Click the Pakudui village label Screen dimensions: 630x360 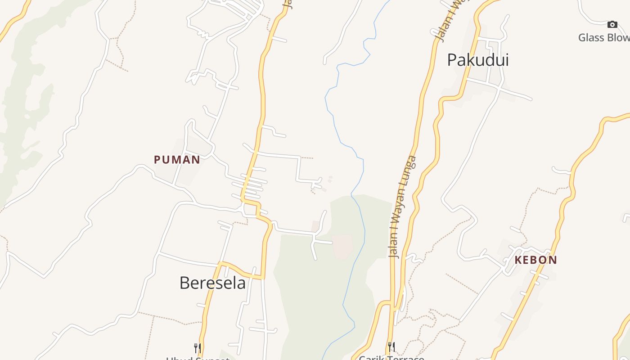point(477,60)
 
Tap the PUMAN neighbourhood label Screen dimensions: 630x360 point(177,160)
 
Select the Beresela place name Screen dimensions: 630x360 point(212,283)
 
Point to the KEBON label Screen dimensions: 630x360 point(535,260)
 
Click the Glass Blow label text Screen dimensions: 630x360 point(603,37)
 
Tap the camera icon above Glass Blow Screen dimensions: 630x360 point(612,24)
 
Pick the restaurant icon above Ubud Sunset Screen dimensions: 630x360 point(197,347)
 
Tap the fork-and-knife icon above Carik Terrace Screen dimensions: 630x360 point(391,347)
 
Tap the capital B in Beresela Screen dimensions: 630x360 point(184,283)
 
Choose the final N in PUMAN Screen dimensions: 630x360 point(196,160)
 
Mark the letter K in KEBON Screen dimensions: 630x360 point(518,260)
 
